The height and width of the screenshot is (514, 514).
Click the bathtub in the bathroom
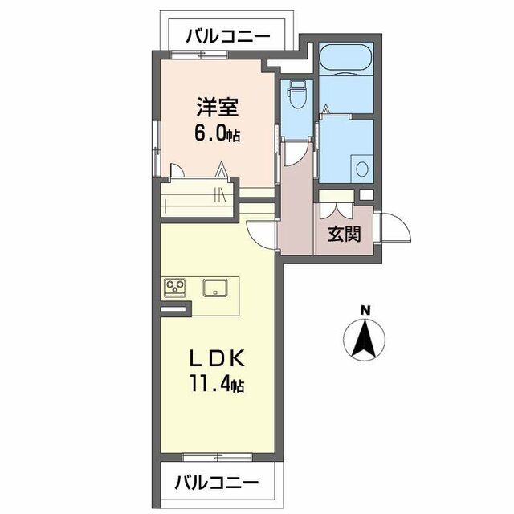point(345,59)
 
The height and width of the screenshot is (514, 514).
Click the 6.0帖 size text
point(218,133)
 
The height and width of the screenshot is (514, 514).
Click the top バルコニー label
point(227,36)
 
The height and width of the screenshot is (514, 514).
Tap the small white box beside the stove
point(173,308)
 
